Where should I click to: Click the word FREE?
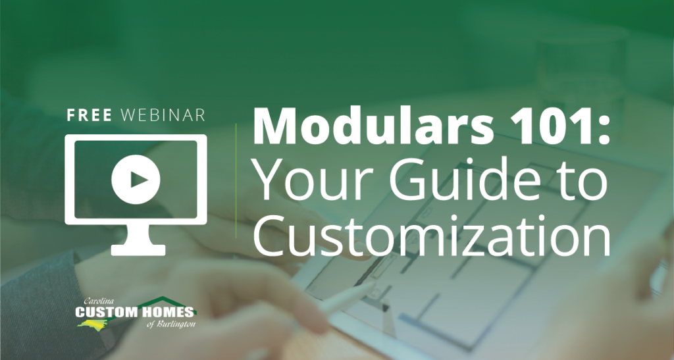tap(90, 115)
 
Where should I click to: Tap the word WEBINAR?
tap(163, 115)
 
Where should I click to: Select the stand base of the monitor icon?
tap(138, 250)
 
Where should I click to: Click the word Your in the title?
tap(315, 181)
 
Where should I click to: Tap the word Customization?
tap(432, 236)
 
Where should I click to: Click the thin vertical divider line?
tap(236, 180)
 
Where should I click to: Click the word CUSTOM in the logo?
tap(106, 312)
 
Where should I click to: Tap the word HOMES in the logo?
tap(166, 312)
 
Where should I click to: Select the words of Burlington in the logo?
tap(171, 324)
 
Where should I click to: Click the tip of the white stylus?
tap(375, 284)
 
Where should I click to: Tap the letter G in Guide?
tap(405, 181)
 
